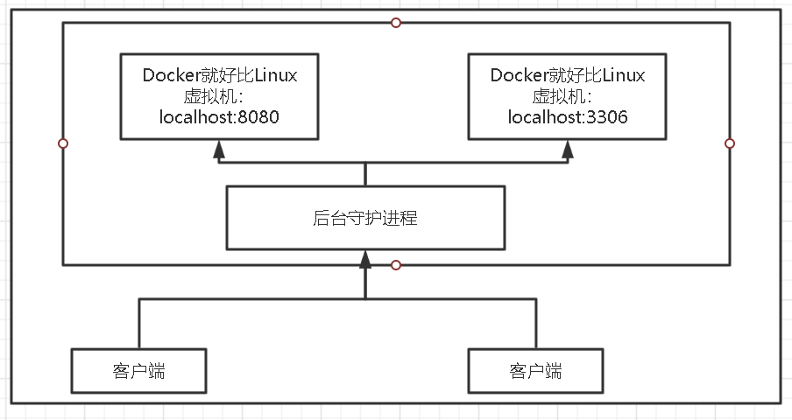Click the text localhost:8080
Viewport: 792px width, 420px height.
tap(219, 116)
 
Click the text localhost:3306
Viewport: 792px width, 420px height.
tap(567, 116)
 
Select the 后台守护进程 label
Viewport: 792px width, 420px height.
tap(364, 218)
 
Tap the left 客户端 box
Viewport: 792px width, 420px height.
tap(138, 371)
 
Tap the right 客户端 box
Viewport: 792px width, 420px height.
tap(535, 371)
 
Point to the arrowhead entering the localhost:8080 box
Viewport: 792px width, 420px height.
tap(219, 150)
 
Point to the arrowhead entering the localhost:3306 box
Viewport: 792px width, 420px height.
tap(568, 150)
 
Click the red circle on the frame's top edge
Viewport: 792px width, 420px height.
tap(396, 22)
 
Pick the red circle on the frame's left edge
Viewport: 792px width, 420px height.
tap(62, 143)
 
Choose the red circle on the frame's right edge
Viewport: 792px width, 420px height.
tap(730, 143)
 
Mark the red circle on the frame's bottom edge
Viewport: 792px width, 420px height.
tap(396, 264)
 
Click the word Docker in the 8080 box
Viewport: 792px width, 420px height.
tap(169, 76)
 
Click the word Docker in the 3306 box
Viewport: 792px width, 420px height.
tap(517, 76)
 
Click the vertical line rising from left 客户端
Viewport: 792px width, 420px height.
tap(138, 324)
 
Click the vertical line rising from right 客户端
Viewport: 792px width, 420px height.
tap(535, 324)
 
